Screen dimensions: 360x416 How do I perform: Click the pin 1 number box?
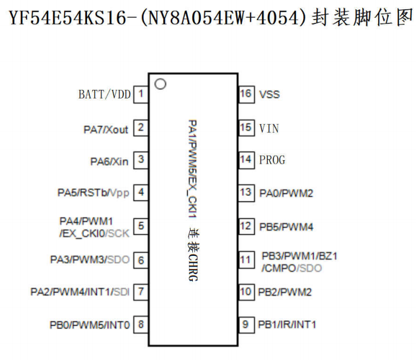(x=141, y=94)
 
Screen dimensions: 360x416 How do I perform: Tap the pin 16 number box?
(x=245, y=94)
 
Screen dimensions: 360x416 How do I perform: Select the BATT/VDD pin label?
(x=104, y=94)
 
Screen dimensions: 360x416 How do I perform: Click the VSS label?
(x=270, y=94)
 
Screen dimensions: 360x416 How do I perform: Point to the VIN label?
(x=269, y=128)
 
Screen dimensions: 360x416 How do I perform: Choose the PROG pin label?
(x=272, y=160)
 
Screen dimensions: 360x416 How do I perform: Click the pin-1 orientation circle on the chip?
(x=160, y=84)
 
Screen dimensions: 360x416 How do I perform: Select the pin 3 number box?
(x=141, y=161)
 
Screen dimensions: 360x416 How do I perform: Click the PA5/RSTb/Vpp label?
(x=93, y=193)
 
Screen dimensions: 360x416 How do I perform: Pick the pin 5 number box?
(x=141, y=226)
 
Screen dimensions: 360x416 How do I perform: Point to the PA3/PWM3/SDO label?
(x=90, y=260)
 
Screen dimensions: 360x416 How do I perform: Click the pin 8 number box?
(x=141, y=325)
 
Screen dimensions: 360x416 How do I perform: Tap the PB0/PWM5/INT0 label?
(x=90, y=325)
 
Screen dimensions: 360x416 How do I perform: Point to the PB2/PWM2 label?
(x=284, y=292)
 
